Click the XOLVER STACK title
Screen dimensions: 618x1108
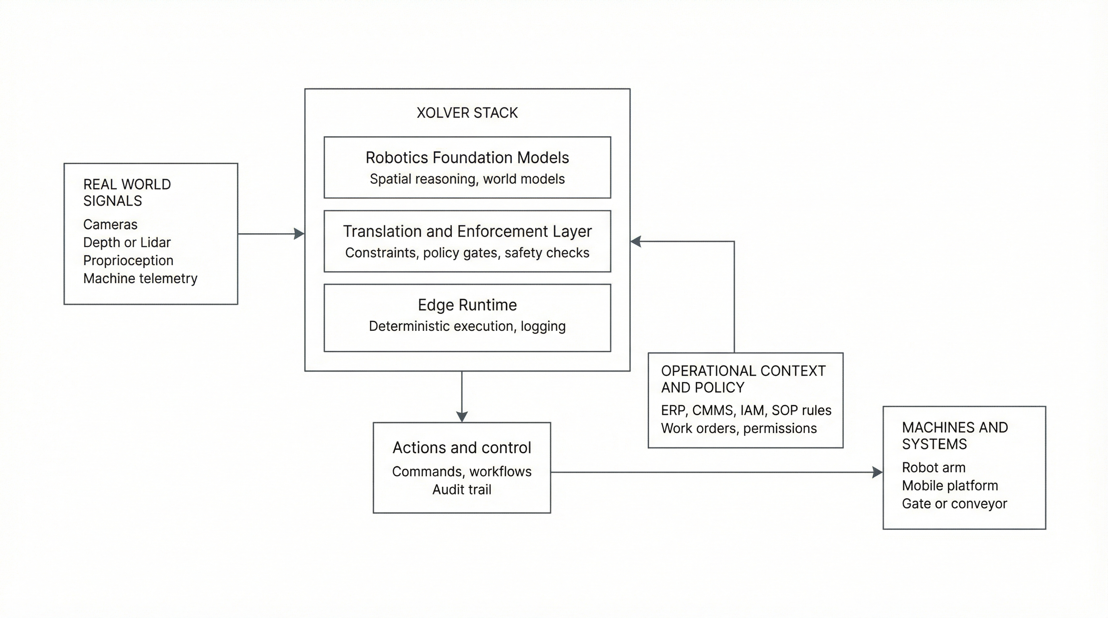pos(467,113)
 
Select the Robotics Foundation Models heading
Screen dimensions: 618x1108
pos(467,158)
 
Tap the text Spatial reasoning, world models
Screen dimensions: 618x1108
pos(467,179)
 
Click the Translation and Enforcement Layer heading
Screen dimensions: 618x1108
pos(467,231)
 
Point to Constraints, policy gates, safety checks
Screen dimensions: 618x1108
pos(467,253)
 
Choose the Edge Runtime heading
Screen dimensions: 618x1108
pos(467,305)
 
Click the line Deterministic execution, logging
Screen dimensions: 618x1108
pos(467,326)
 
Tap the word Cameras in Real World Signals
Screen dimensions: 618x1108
pos(110,225)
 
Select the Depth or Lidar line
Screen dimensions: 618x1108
pos(127,242)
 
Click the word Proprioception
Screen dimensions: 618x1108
pos(128,260)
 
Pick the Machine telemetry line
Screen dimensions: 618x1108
pos(140,278)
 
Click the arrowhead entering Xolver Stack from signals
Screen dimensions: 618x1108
pos(300,234)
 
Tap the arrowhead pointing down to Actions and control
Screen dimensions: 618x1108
pos(462,416)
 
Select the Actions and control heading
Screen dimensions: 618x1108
pos(462,448)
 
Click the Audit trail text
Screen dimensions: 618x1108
pos(462,490)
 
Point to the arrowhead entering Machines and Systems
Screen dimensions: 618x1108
pos(877,472)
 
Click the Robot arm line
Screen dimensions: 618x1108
pos(933,468)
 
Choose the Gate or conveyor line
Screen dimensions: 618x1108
pos(955,504)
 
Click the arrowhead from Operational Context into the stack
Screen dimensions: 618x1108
pos(636,241)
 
